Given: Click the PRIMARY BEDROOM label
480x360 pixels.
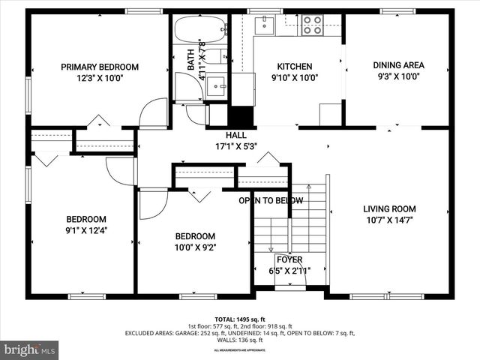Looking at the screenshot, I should coord(100,67).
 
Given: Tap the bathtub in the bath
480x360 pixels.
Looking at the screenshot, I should coord(199,31).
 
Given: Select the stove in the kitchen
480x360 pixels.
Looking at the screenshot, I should coord(312,26).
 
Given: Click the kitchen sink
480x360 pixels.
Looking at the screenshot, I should coord(264,25).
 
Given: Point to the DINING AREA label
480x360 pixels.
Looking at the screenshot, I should coord(398,65).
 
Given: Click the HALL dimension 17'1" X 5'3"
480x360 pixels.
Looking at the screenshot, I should coord(236,146).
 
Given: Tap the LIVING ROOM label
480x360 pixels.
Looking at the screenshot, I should coord(389,208).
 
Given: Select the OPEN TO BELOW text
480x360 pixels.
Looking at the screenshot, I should coord(271,200).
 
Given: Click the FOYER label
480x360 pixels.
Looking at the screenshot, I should coord(289,259).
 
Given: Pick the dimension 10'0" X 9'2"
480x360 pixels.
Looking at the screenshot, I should coord(195,247).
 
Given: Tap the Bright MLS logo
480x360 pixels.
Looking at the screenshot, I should coord(30,349).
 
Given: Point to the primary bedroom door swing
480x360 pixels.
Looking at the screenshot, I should coord(155,112).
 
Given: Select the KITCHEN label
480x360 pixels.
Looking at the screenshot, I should coord(295,66).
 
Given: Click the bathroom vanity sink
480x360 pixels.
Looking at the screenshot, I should coord(218,85).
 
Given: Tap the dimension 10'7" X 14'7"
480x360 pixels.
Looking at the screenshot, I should coord(389,220).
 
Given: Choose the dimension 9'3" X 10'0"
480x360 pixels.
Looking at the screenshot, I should coord(398,76).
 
